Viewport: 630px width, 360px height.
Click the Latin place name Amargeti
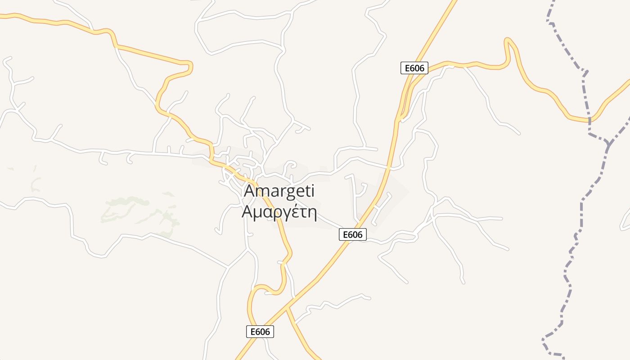point(279,191)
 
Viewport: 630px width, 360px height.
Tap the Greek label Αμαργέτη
point(279,211)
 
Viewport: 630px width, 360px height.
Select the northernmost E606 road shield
point(414,68)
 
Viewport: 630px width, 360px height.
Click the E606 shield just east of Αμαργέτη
point(352,234)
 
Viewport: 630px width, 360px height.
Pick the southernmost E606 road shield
point(260,332)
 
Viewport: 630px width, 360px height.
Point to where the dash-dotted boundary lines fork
point(609,143)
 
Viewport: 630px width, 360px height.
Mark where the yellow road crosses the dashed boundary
point(589,120)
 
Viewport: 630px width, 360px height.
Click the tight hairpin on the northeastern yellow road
point(508,41)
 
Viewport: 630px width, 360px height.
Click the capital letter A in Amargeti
point(249,191)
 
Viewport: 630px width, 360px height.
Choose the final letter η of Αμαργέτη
point(312,212)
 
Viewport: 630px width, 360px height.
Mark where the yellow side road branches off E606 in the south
point(287,308)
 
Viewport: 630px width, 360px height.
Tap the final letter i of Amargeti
point(312,191)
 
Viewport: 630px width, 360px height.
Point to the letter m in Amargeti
point(263,192)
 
